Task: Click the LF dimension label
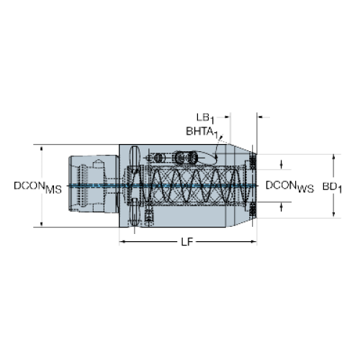coord(187,242)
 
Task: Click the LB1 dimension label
coord(205,118)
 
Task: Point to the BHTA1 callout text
coord(202,132)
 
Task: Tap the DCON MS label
coord(37,187)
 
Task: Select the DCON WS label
coord(289,186)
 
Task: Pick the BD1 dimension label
coord(332,187)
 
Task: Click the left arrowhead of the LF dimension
coord(122,242)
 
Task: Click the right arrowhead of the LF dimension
coord(253,242)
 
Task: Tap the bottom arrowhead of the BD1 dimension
coord(333,215)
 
